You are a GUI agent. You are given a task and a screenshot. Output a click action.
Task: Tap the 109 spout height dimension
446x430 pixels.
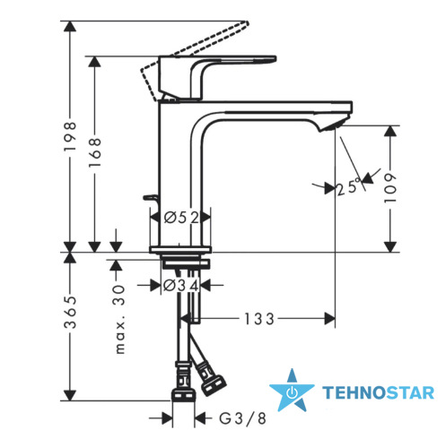390,188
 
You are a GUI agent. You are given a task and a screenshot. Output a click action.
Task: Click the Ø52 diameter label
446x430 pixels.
181,218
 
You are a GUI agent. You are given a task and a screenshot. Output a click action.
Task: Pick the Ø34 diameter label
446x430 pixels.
181,286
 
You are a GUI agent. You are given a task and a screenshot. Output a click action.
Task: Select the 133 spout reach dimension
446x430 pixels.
259,319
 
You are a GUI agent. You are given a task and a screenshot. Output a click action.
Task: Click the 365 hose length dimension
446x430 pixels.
70,312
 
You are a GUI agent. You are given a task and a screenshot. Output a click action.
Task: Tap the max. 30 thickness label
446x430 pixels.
120,319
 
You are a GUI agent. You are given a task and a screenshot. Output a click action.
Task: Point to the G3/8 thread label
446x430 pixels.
242,418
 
